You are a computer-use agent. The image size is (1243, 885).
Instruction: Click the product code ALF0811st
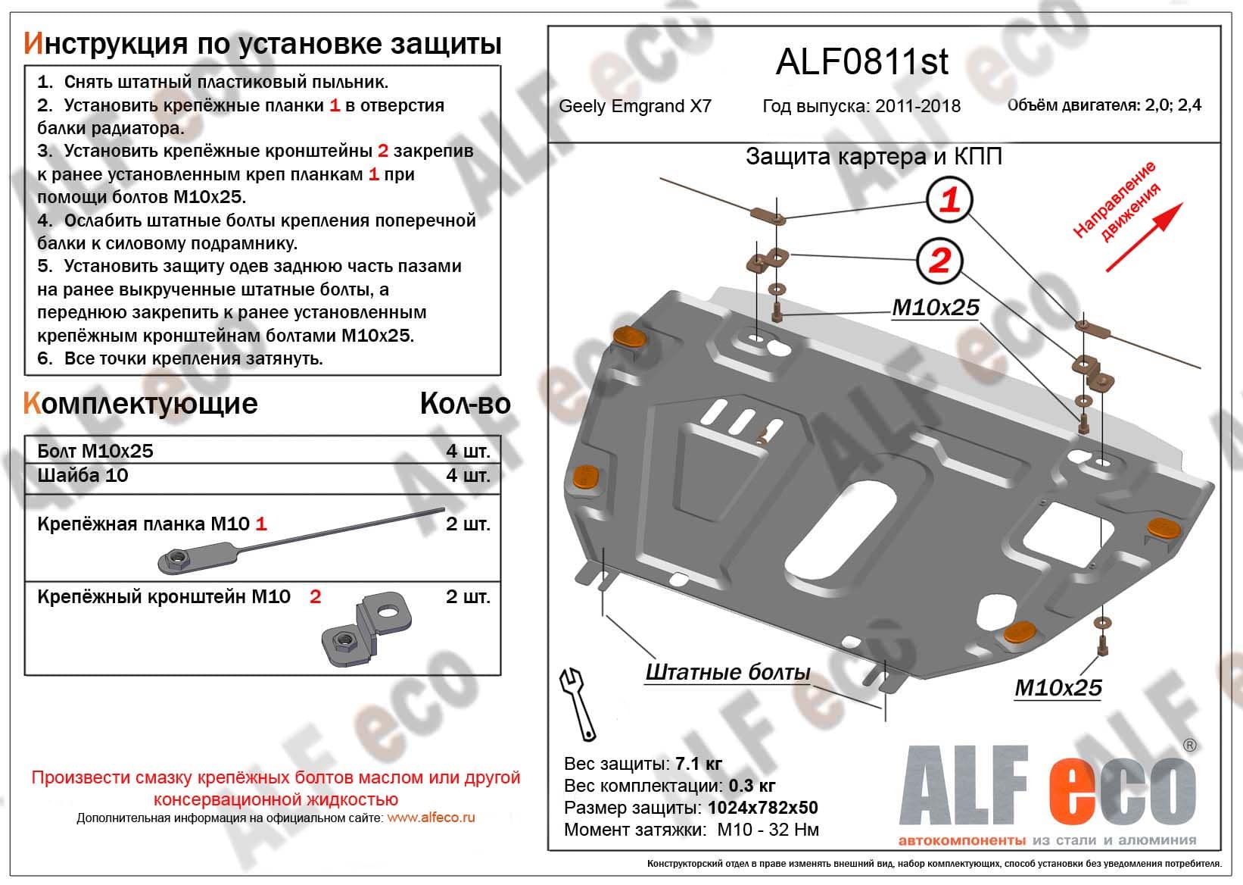pyautogui.click(x=861, y=62)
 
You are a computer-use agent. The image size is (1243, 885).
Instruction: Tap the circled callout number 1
pyautogui.click(x=949, y=200)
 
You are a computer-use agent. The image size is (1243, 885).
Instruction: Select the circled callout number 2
pyautogui.click(x=939, y=261)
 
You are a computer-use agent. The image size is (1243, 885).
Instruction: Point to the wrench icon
pyautogui.click(x=578, y=703)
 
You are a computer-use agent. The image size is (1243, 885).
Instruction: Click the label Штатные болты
pyautogui.click(x=727, y=673)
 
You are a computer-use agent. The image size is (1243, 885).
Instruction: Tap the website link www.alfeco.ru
pyautogui.click(x=431, y=818)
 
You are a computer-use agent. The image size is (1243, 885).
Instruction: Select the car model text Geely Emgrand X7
pyautogui.click(x=635, y=106)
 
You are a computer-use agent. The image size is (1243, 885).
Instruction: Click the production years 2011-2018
pyautogui.click(x=917, y=106)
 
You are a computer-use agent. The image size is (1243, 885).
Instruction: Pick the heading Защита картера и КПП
pyautogui.click(x=874, y=157)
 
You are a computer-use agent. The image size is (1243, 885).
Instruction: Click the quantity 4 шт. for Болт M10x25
pyautogui.click(x=468, y=452)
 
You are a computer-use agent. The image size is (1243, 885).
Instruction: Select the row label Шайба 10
pyautogui.click(x=83, y=476)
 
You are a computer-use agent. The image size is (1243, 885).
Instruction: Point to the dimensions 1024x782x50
pyautogui.click(x=762, y=808)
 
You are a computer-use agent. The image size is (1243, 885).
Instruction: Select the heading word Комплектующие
pyautogui.click(x=141, y=403)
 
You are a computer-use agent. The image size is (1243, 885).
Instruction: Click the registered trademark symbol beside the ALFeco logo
pyautogui.click(x=1188, y=745)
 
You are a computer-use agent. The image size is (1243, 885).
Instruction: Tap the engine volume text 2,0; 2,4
pyautogui.click(x=1172, y=105)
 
